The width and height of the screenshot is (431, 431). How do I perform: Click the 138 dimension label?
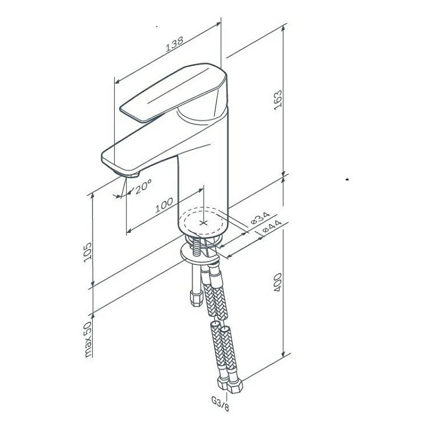point(174,44)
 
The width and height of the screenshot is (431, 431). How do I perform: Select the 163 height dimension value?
point(278,100)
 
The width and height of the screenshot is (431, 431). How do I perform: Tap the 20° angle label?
point(143,186)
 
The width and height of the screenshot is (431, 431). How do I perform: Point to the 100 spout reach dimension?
point(164,205)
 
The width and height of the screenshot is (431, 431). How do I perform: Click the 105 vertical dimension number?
point(87,252)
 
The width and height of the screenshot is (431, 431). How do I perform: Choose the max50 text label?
point(87,339)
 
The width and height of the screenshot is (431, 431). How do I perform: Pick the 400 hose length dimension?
point(278,282)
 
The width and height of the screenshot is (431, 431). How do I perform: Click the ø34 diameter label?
point(260,217)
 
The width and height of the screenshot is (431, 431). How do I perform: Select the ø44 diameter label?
point(273,226)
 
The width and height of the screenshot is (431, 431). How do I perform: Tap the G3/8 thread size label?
point(220,404)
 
